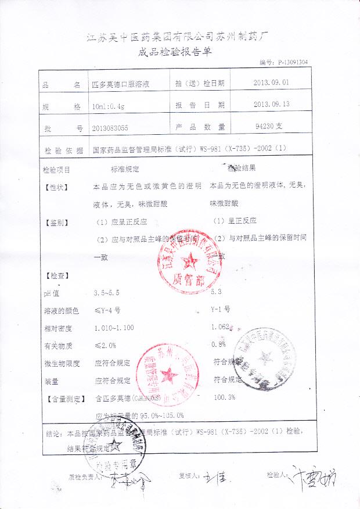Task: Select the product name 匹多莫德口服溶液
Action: tap(123, 84)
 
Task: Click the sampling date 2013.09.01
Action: tap(271, 83)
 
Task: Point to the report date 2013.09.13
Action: tap(271, 105)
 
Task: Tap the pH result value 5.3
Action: tap(217, 292)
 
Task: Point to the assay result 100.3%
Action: tap(225, 397)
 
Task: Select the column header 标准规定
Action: tap(125, 170)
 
